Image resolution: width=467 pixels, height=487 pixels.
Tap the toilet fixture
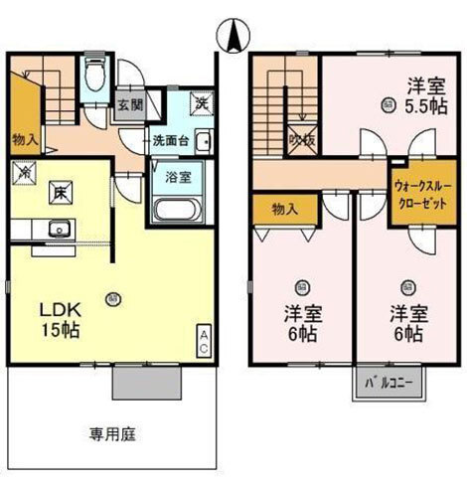click(95, 76)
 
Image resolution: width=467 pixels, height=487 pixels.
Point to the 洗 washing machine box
click(200, 101)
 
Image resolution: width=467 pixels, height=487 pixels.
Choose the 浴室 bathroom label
click(172, 179)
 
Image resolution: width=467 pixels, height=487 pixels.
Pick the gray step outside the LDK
click(147, 379)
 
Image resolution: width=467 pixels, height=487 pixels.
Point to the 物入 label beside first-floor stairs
click(25, 138)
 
